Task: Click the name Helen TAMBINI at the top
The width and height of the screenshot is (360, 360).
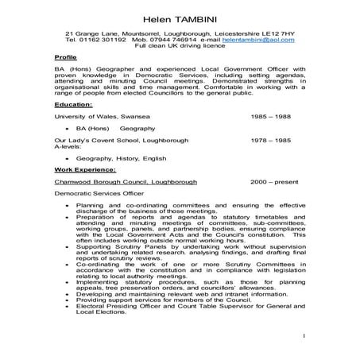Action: click(x=180, y=17)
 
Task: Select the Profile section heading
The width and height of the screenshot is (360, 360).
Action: click(x=65, y=59)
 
